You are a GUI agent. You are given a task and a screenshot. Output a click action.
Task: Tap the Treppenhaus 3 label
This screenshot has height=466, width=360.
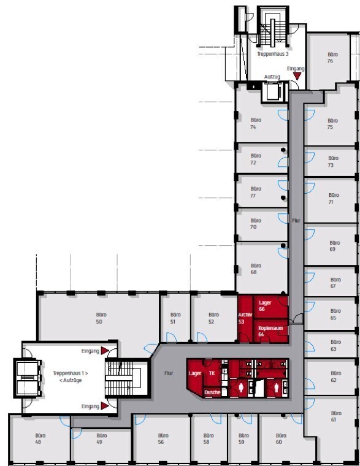click(x=272, y=54)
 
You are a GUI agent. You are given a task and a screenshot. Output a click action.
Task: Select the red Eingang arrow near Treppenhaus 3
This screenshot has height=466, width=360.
click(x=297, y=76)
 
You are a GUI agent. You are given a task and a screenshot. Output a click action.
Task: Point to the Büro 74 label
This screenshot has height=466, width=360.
click(x=255, y=123)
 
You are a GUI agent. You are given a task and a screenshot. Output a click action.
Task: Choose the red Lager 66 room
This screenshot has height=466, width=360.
click(x=270, y=307)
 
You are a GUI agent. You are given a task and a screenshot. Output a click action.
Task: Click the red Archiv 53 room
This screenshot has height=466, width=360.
click(x=245, y=318)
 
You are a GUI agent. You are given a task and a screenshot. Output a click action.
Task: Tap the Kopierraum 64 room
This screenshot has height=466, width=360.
click(x=270, y=330)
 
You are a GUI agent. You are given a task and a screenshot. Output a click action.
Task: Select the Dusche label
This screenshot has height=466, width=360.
click(x=212, y=392)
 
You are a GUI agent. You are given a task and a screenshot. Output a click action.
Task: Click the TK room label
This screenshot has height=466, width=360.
click(x=212, y=373)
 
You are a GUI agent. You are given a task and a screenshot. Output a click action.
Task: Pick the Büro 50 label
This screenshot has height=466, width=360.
click(x=101, y=318)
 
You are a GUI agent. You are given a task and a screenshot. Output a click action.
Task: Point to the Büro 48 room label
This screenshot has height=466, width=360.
click(x=39, y=438)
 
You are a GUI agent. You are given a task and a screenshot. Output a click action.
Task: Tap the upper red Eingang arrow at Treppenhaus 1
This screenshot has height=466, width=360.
click(x=105, y=351)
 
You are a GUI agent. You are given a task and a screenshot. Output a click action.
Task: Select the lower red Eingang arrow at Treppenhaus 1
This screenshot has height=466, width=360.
click(x=105, y=406)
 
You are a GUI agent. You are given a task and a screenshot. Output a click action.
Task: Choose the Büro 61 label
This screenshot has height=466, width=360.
click(x=335, y=416)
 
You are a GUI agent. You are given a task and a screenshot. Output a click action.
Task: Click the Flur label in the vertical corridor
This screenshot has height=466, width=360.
click(x=296, y=221)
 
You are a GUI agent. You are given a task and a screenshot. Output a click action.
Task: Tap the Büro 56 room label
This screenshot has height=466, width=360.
click(x=163, y=438)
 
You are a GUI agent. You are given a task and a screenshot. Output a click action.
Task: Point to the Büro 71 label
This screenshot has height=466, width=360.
click(x=333, y=198)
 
